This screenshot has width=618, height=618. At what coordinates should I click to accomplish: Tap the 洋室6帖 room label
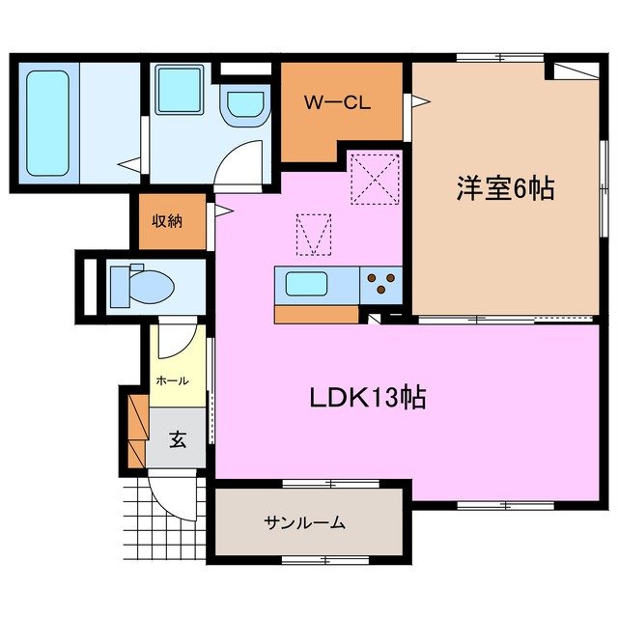pos(505,188)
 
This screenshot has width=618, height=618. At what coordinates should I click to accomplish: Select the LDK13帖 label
pos(368,397)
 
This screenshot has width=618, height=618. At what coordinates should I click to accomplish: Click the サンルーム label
pos(304,523)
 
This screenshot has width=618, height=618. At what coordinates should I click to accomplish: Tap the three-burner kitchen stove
pos(382,284)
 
